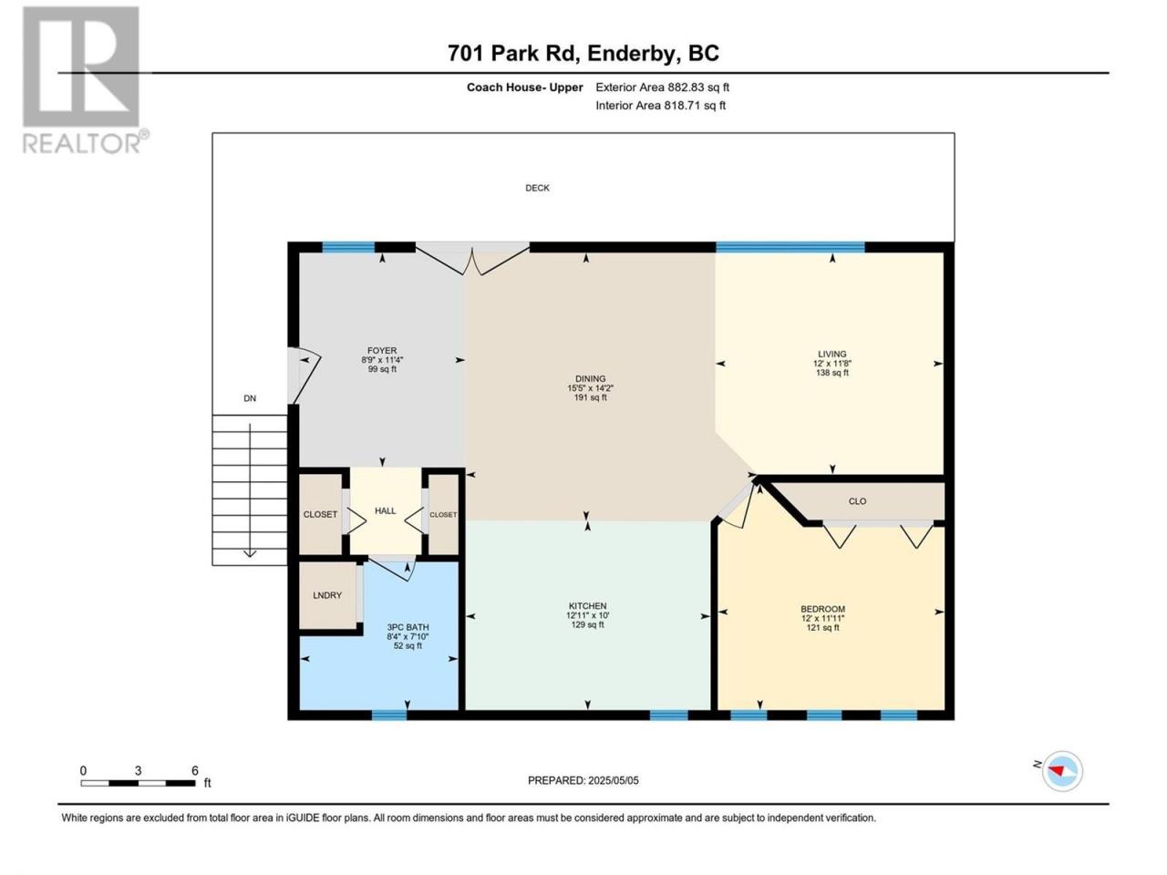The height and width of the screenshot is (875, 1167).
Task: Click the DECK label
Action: point(537,188)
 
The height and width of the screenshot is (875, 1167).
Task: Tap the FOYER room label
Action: point(382,351)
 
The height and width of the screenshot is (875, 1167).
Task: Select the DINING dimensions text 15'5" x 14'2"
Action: point(590,388)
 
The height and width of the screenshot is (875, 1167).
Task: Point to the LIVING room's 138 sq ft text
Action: point(832,373)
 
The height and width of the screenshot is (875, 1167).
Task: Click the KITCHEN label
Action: point(587,605)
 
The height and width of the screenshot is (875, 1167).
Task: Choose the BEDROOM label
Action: point(822,609)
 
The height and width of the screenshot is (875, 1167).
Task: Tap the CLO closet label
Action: point(857,501)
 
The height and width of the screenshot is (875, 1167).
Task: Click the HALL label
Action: point(385,510)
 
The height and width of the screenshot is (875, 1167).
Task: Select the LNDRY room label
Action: point(327,595)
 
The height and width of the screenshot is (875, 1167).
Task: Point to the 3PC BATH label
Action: point(408,627)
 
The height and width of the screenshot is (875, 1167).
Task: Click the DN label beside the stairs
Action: point(249,398)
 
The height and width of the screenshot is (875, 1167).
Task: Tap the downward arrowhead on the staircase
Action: point(249,554)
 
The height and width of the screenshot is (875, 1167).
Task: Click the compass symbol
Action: point(1062,771)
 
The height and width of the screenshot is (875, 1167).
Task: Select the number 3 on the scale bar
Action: point(139,770)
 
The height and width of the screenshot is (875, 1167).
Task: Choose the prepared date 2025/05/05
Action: point(614,780)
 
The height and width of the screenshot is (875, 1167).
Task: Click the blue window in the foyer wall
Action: point(348,247)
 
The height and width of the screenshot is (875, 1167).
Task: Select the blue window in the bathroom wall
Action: point(388,715)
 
